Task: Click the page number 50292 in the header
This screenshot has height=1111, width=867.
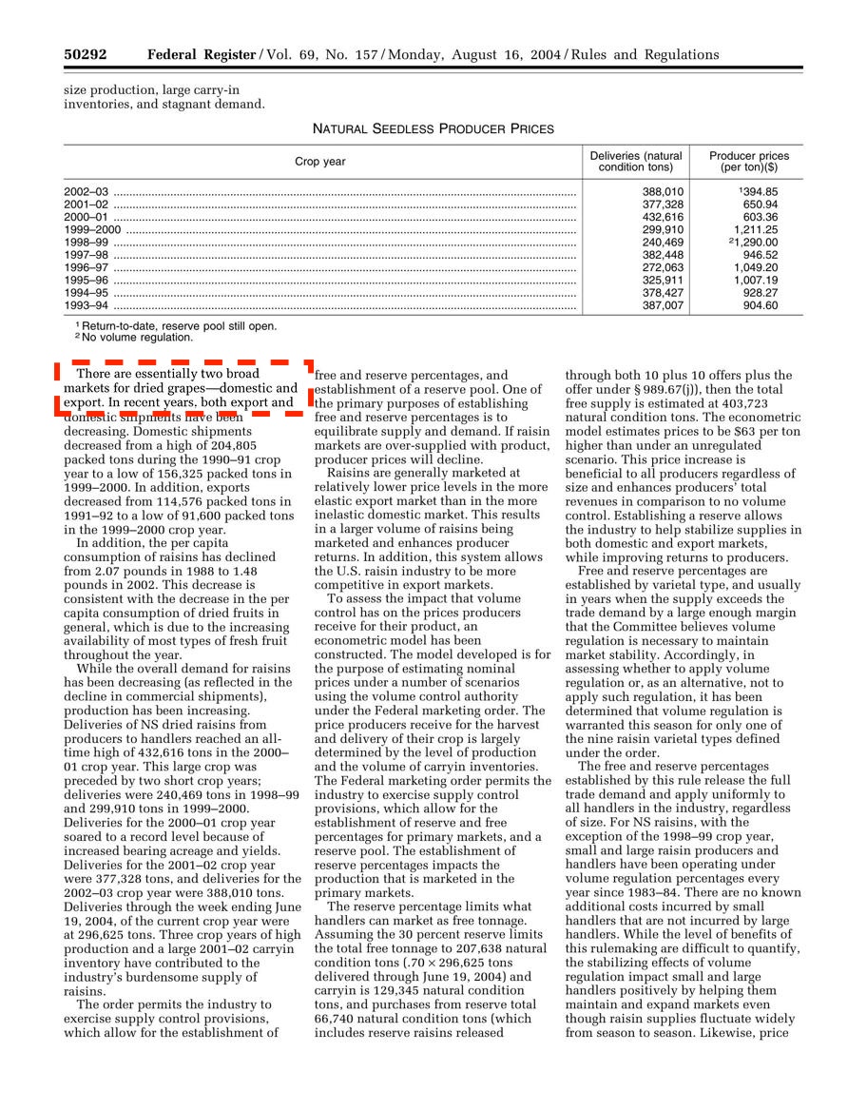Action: (85, 54)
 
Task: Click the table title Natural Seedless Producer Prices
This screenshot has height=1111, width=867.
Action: (433, 128)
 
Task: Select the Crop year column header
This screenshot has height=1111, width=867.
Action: (320, 162)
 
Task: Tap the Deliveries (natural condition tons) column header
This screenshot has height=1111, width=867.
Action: (636, 162)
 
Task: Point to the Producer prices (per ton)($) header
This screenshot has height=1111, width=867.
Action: (749, 162)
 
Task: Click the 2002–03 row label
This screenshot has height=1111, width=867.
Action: (86, 191)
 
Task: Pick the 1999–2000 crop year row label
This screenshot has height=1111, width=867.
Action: (92, 229)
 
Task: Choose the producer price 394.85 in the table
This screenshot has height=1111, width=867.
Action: (760, 191)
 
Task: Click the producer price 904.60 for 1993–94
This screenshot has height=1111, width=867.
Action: (760, 306)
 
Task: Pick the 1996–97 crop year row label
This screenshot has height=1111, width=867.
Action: (86, 268)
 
